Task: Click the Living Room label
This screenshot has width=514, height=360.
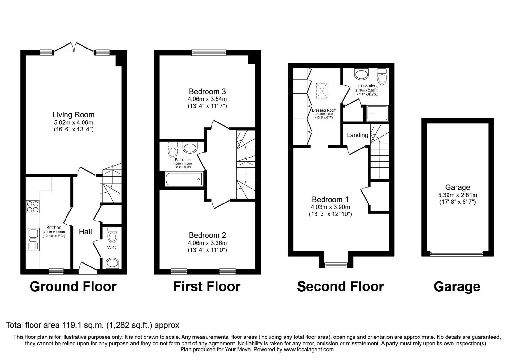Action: pyautogui.click(x=74, y=115)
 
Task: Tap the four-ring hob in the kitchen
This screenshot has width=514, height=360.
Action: pyautogui.click(x=33, y=206)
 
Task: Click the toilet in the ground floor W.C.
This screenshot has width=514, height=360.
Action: pyautogui.click(x=112, y=235)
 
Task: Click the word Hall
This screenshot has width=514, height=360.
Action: pyautogui.click(x=85, y=232)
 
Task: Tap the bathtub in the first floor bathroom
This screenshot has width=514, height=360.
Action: pyautogui.click(x=184, y=179)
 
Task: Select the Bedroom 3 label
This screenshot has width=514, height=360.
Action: pyautogui.click(x=207, y=91)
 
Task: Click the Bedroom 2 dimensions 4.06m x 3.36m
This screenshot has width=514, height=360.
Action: pyautogui.click(x=207, y=243)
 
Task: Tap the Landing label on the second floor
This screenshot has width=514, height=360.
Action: pyautogui.click(x=357, y=135)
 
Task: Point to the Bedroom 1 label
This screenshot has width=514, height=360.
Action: pyautogui.click(x=330, y=199)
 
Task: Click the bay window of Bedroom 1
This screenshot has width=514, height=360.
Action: pyautogui.click(x=334, y=265)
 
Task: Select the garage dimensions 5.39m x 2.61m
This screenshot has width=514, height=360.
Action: pyautogui.click(x=457, y=195)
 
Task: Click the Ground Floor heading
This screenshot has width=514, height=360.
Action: pyautogui.click(x=73, y=286)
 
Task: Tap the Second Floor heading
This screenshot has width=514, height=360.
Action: pyautogui.click(x=340, y=286)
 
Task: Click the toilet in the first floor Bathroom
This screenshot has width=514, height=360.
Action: pyautogui.click(x=172, y=150)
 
